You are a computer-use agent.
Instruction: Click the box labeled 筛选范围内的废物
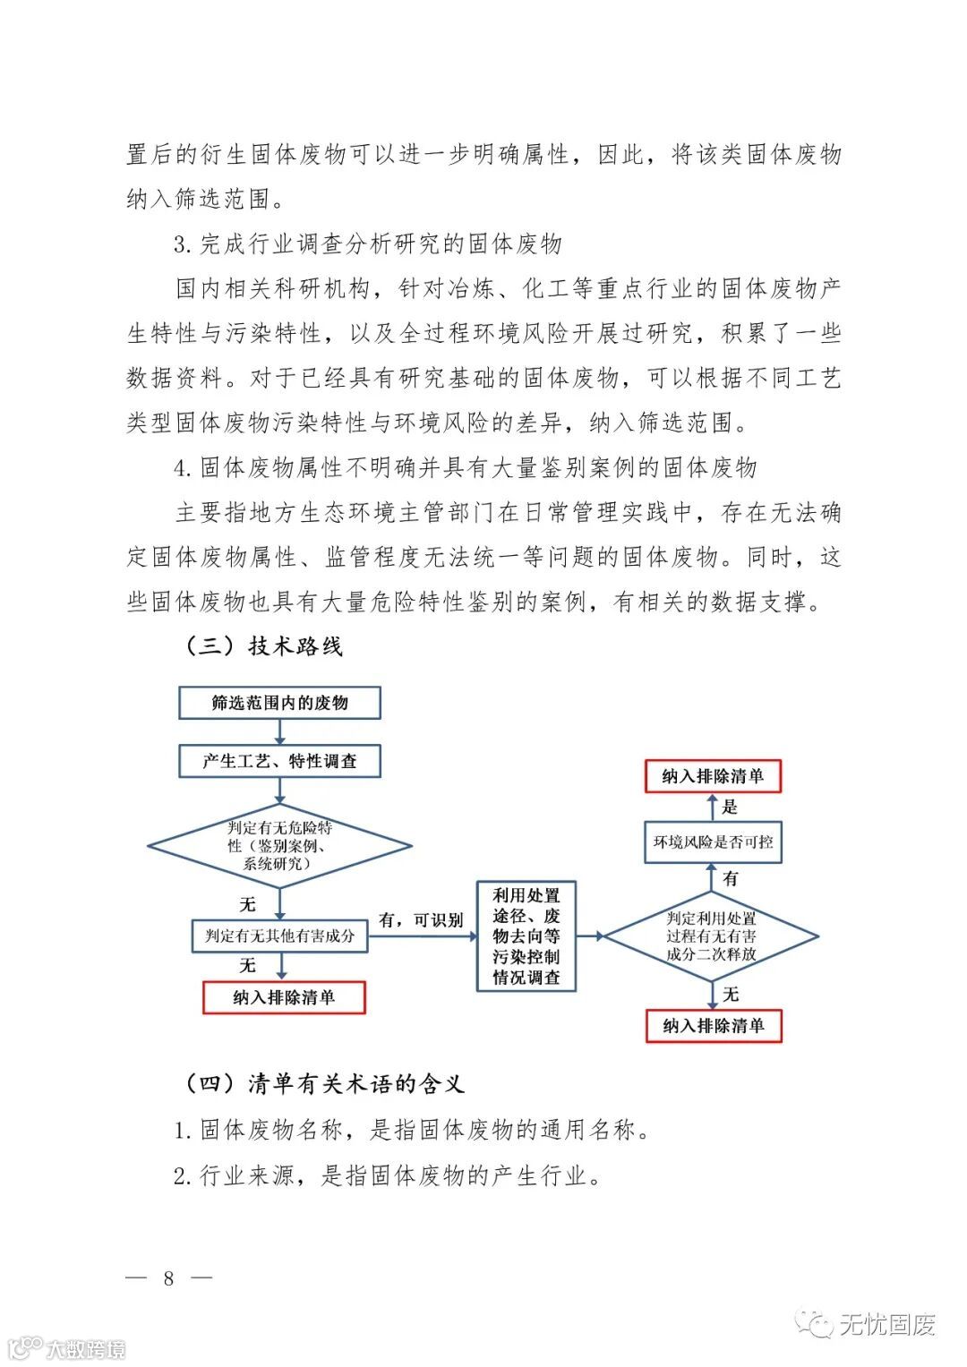[x=279, y=703]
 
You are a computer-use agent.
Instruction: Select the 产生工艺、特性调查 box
[x=279, y=761]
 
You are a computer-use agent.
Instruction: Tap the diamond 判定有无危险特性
[x=279, y=845]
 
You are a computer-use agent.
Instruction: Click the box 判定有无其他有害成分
[x=279, y=936]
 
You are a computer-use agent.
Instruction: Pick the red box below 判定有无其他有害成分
[x=284, y=997]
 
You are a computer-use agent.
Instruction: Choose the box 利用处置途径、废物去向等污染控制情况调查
[x=526, y=936]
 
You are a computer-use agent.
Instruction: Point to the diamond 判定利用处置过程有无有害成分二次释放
[x=711, y=936]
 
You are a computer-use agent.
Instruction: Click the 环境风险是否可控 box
[x=713, y=842]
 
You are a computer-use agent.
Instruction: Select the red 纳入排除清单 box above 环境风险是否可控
[x=713, y=776]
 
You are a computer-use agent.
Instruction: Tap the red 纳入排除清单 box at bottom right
[x=714, y=1026]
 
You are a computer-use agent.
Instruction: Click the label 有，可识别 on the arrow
[x=421, y=920]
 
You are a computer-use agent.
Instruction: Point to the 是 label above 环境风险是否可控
[x=730, y=807]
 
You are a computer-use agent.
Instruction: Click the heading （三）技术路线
[x=263, y=645]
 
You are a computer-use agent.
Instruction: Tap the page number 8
[x=168, y=1278]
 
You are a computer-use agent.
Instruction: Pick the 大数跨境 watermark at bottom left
[x=85, y=1349]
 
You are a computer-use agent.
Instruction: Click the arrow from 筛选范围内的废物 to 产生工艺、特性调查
[x=280, y=731]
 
